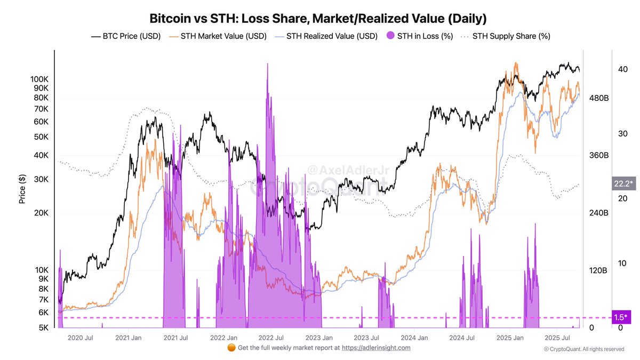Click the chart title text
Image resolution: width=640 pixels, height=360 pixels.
coord(318,19)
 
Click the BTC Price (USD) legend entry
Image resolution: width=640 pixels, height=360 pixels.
coord(126,36)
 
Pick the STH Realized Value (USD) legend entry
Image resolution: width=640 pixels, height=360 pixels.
coord(326,36)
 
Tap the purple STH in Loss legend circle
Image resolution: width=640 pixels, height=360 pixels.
coord(390,36)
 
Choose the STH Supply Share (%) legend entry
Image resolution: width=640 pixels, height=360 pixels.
coord(505,36)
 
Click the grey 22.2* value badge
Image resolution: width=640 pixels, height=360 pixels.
coord(623,184)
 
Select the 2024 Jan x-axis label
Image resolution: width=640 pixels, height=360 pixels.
coord(414,338)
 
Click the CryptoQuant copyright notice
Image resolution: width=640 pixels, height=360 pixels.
coord(584,349)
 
